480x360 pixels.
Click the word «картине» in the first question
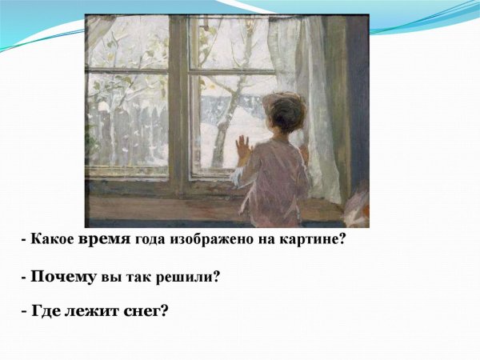coord(311,239)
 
